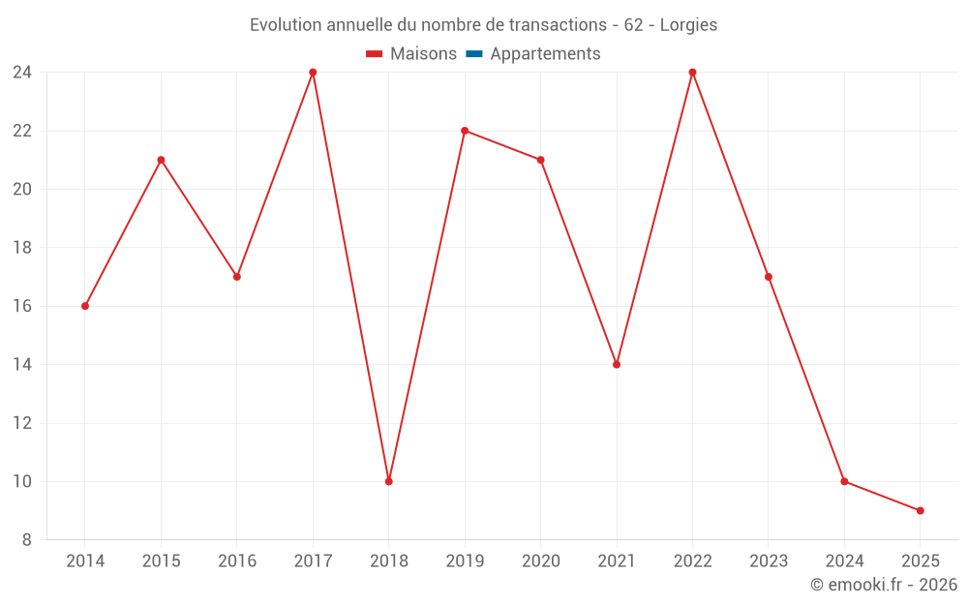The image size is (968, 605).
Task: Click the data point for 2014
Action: click(x=85, y=306)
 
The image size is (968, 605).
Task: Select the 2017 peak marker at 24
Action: click(x=313, y=73)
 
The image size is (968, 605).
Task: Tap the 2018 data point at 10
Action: click(x=389, y=481)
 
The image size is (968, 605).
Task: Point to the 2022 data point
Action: click(x=693, y=73)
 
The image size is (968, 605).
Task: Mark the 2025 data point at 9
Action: click(x=921, y=510)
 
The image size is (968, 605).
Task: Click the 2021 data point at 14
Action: click(x=617, y=365)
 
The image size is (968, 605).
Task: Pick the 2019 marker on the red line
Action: click(x=465, y=131)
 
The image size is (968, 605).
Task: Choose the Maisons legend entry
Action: click(x=411, y=53)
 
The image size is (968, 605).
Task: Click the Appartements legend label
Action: click(x=545, y=53)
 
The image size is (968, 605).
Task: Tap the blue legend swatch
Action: click(x=474, y=53)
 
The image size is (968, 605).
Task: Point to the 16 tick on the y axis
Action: click(x=22, y=306)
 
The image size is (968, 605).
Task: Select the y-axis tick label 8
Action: click(x=26, y=540)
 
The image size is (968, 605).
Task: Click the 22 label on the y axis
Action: click(x=22, y=131)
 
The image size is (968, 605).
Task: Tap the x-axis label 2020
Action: click(x=541, y=561)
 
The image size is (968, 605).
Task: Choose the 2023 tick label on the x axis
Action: click(x=769, y=561)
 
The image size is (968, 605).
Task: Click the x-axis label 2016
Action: click(x=237, y=561)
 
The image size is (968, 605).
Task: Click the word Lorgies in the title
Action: click(x=688, y=25)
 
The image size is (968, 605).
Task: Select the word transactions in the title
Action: click(x=558, y=25)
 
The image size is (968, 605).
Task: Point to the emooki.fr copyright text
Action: click(x=884, y=585)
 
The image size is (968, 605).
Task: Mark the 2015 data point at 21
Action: click(x=161, y=160)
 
